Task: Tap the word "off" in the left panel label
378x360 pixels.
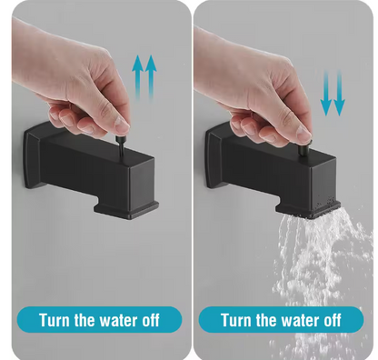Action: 151,320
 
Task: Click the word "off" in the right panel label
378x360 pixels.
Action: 333,320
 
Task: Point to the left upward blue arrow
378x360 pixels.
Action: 137,77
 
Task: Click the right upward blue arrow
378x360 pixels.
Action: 151,77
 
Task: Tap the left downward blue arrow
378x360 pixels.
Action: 326,93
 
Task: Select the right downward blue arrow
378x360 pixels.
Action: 339,93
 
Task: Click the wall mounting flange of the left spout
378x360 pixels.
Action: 32,156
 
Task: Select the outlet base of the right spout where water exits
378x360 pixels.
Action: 308,208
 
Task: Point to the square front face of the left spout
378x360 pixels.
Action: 142,184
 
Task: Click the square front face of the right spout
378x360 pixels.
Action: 323,183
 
